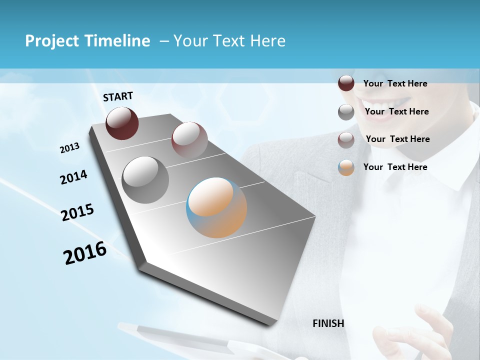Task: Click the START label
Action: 118,96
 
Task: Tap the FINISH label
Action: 328,323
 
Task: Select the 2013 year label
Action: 69,148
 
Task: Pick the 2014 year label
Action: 73,177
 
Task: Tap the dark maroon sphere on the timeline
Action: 122,123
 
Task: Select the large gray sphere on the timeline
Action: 145,180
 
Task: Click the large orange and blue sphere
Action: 216,207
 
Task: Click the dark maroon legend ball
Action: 346,83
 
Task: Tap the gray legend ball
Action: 346,112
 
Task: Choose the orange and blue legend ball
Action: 346,167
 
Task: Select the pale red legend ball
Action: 346,140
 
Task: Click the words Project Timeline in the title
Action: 87,41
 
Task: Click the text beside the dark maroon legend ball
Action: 395,83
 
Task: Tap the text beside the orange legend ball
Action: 395,167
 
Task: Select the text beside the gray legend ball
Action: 396,111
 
